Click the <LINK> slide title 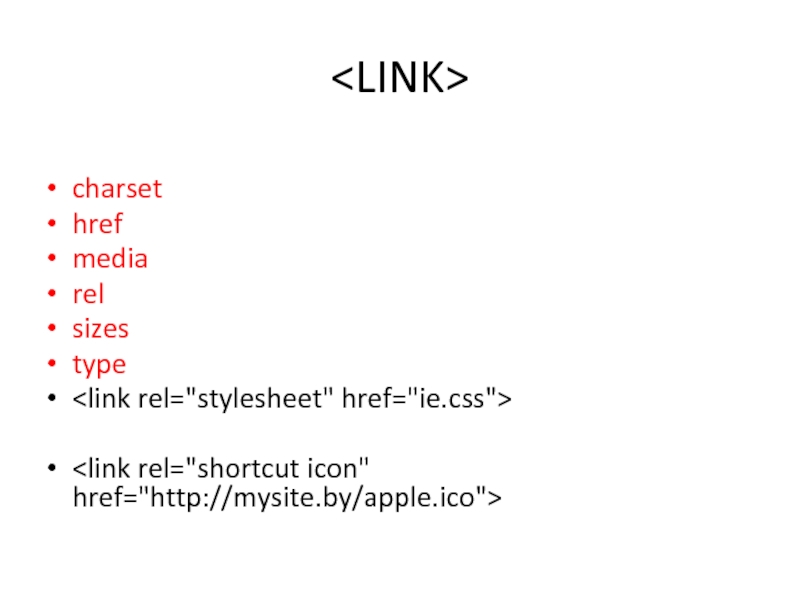tap(400, 78)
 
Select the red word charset tap(117, 189)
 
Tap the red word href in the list tap(97, 224)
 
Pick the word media tap(110, 259)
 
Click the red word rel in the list tap(88, 294)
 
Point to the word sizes tap(101, 329)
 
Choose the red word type tap(99, 365)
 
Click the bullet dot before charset tap(51, 190)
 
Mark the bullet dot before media tap(51, 260)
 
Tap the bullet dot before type tap(51, 365)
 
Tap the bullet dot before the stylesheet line tap(51, 400)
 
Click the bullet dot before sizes tap(51, 330)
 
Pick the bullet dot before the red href tap(51, 225)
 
